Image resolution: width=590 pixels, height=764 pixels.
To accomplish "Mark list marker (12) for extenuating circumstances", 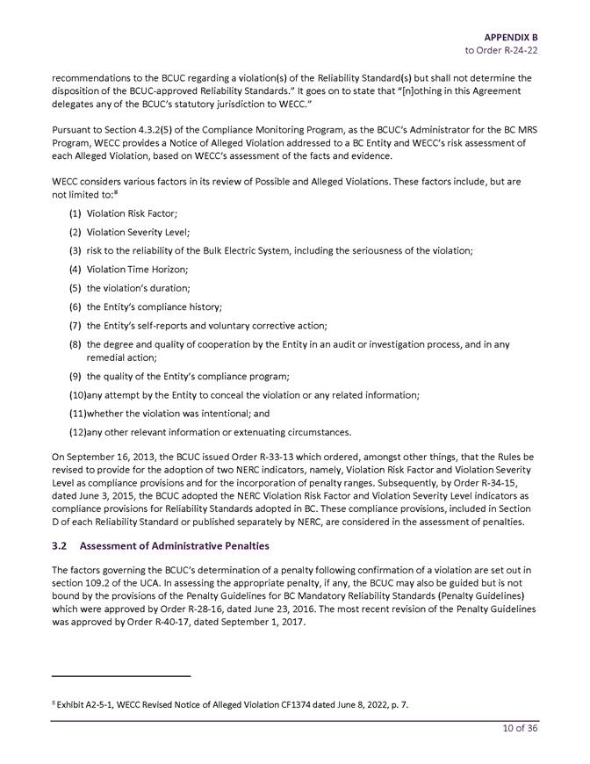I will (76, 432).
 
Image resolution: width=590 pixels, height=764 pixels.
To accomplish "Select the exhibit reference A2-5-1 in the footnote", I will (91, 704).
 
